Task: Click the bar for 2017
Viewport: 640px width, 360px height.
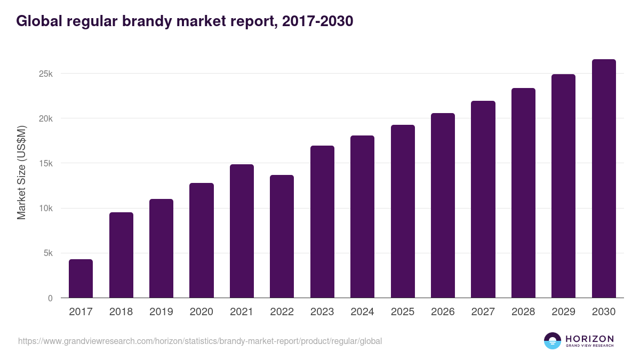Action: coord(81,278)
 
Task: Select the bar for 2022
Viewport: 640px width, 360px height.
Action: coord(282,236)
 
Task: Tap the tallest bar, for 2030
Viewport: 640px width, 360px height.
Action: coord(604,179)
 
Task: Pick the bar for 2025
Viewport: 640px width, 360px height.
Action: coord(403,211)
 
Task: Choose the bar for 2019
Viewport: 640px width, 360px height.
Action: coord(161,249)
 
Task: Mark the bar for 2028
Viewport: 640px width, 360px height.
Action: coord(523,193)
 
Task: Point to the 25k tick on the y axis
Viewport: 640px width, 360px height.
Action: coord(46,74)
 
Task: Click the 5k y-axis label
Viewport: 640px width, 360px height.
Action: coord(48,253)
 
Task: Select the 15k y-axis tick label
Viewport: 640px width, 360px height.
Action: coord(46,163)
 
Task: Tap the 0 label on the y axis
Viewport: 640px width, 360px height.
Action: coord(50,298)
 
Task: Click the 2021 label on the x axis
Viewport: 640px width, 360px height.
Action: coord(242,312)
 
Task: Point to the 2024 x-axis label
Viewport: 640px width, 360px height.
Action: coord(362,312)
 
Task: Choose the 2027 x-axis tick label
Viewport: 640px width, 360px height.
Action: coord(483,312)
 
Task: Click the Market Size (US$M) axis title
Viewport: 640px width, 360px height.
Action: coord(22,172)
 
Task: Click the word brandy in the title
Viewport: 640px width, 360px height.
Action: coord(155,21)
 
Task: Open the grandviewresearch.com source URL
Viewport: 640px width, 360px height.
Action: coord(200,341)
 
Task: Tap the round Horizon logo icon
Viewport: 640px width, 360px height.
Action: coord(553,341)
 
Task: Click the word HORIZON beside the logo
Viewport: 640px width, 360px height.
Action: coord(589,338)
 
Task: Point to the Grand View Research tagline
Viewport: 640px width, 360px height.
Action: coord(589,346)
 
